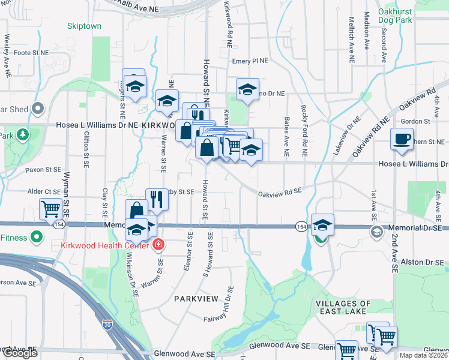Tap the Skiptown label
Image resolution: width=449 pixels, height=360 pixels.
point(84,26)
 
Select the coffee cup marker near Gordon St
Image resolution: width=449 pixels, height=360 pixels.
point(402,139)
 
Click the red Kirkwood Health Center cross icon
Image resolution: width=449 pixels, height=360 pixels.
point(158,245)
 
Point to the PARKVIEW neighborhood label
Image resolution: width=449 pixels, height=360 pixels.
point(194,298)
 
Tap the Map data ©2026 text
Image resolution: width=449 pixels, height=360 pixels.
point(423,355)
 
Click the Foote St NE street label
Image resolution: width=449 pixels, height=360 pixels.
point(31,53)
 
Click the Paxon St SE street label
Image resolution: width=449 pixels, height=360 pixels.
point(44,170)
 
